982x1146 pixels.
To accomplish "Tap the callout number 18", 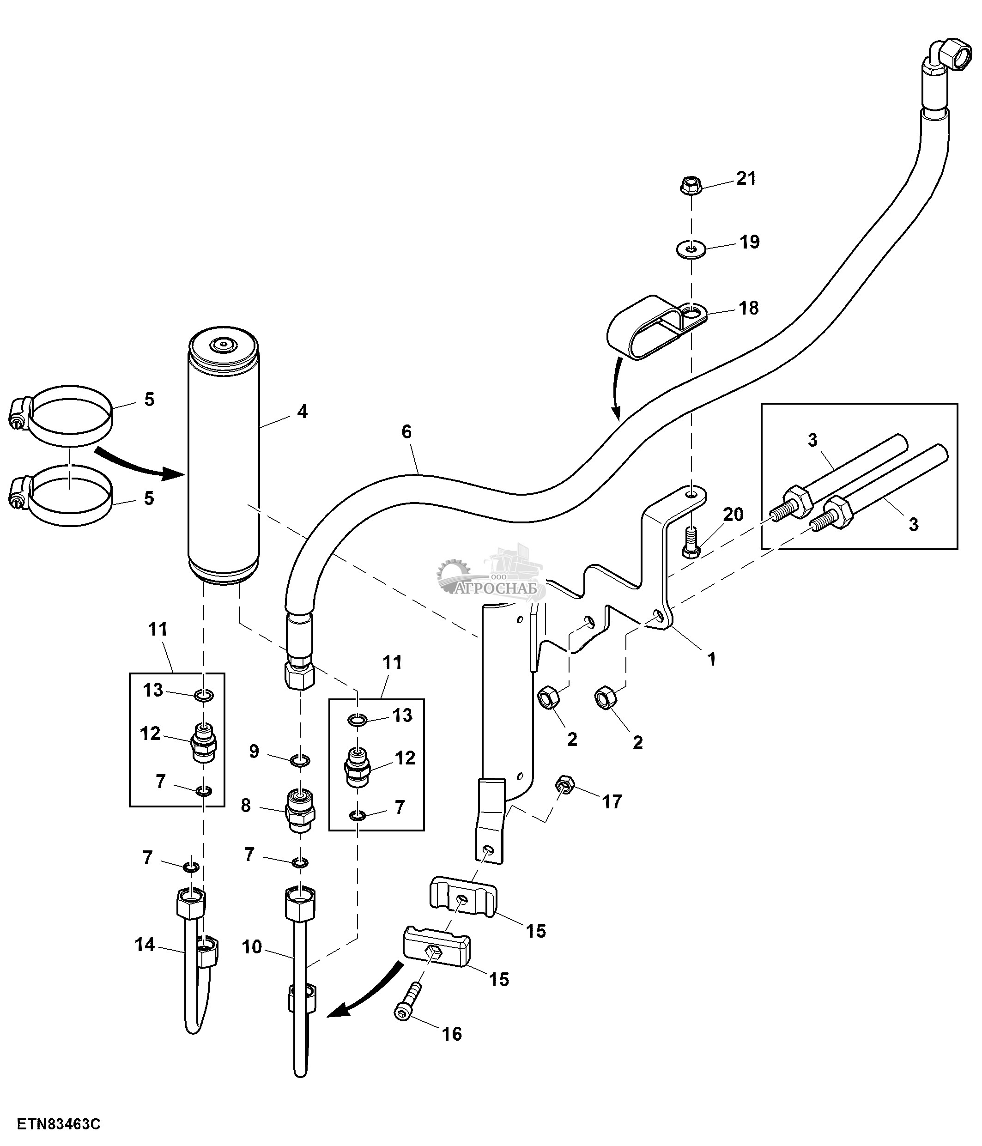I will coord(749,308).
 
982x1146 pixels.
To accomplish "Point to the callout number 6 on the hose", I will coord(406,432).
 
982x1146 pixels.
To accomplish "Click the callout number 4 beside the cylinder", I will coord(302,412).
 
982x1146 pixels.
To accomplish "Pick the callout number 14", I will coord(145,944).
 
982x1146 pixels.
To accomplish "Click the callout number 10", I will coord(252,946).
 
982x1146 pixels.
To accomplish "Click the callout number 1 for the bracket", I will coord(712,659).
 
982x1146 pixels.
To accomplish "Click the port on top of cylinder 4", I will coord(223,344).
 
